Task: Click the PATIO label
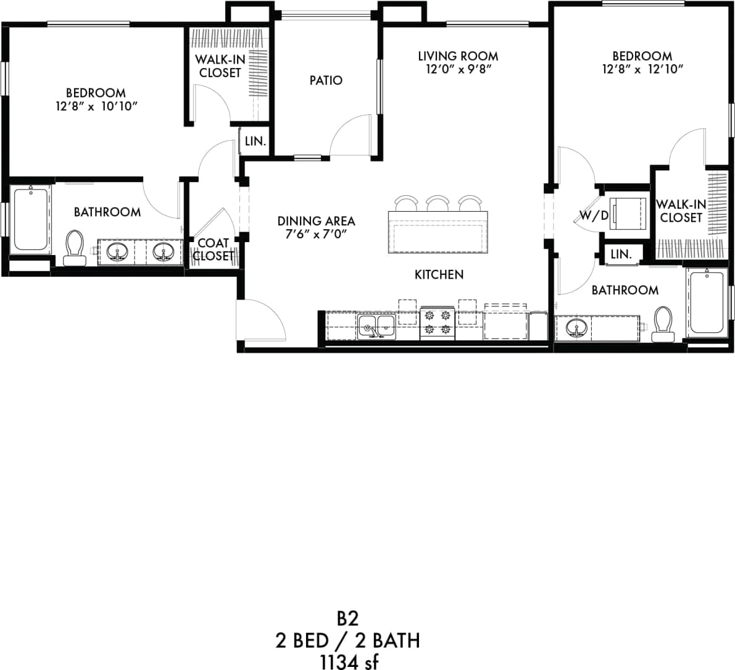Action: point(326,80)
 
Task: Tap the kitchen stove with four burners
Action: point(438,322)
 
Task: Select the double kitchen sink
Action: point(377,327)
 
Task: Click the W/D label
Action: point(594,216)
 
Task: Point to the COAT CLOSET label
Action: point(214,249)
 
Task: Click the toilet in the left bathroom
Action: point(75,248)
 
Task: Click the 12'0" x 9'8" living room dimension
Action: point(458,69)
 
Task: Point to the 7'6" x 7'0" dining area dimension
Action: point(316,234)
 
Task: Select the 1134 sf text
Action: point(348,661)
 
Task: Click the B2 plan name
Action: point(348,618)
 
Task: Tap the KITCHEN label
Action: point(439,274)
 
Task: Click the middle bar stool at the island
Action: point(438,203)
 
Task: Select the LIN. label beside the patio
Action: point(255,141)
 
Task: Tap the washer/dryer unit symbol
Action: point(628,213)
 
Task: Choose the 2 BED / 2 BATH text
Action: point(348,640)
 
